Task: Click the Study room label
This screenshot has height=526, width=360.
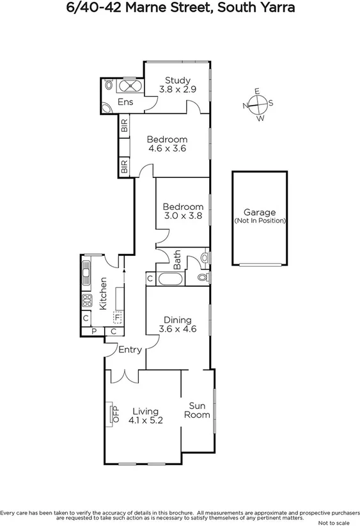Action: tap(178, 85)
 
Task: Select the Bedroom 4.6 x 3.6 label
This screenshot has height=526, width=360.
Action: tap(167, 144)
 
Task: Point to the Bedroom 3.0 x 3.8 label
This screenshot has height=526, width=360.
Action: tap(183, 211)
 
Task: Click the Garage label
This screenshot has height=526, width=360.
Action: tap(260, 216)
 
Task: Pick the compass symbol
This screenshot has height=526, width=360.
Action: tap(258, 104)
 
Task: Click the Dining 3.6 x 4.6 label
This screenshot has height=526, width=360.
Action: tap(177, 324)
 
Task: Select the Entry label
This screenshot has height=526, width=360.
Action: tap(130, 349)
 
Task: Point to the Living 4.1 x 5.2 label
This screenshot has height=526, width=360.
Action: tap(146, 416)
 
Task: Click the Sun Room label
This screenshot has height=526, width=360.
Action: tap(198, 410)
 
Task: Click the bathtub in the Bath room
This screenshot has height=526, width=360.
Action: tap(169, 278)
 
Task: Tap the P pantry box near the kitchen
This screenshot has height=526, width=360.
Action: tap(93, 331)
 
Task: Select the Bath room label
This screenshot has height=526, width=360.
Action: tap(177, 260)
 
